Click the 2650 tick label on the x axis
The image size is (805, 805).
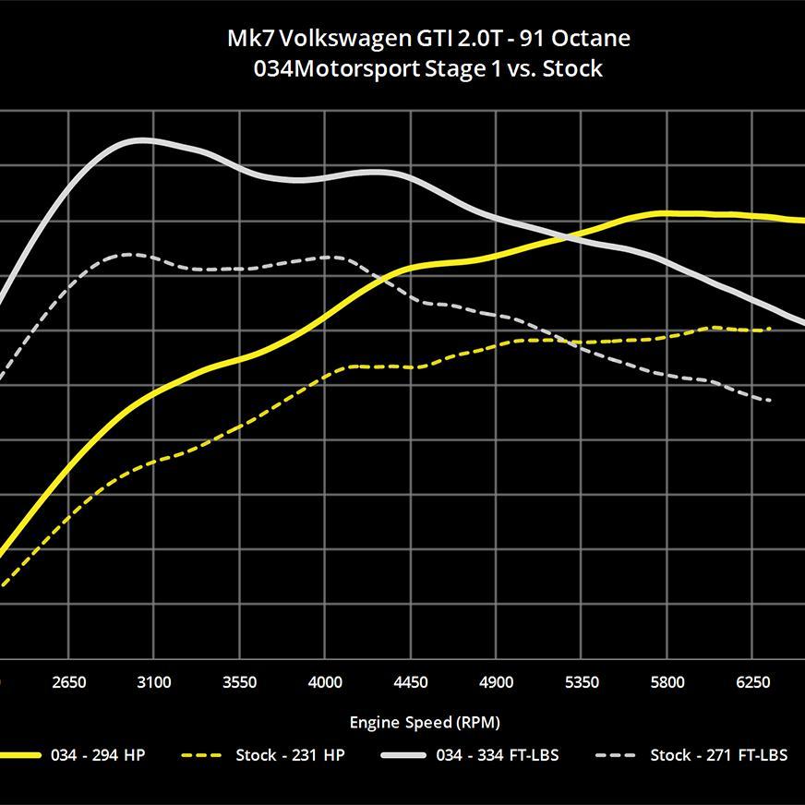(x=69, y=683)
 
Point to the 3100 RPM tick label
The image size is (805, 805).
(x=154, y=683)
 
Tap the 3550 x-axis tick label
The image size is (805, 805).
(x=240, y=683)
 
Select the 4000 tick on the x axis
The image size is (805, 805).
(x=325, y=683)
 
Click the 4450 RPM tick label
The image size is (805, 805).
(x=411, y=683)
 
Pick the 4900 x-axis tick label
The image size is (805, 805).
(x=497, y=683)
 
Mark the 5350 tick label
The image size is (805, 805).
(x=582, y=683)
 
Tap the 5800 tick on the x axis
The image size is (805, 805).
(x=667, y=683)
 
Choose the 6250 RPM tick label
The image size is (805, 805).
(x=753, y=683)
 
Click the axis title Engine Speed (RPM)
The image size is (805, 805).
(x=425, y=722)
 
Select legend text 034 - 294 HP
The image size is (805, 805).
(x=98, y=755)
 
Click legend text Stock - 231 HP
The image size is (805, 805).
(x=290, y=755)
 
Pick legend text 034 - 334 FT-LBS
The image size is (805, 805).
(x=498, y=755)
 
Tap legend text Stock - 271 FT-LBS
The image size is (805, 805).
(x=719, y=755)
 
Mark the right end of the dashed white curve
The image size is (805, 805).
(x=769, y=401)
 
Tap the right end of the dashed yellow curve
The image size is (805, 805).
(x=769, y=329)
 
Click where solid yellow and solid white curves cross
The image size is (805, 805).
(x=571, y=235)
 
